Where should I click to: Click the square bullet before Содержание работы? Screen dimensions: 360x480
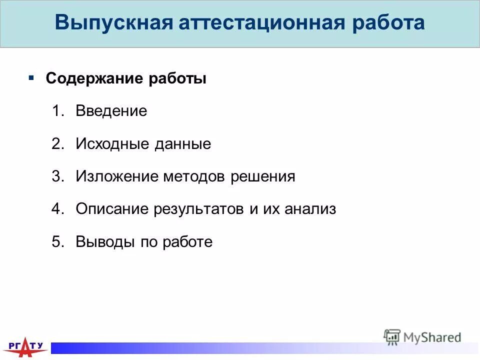pos(31,78)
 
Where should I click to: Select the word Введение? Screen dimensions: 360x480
pos(111,111)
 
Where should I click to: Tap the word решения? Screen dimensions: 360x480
pos(263,176)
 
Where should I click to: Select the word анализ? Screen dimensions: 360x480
pos(310,209)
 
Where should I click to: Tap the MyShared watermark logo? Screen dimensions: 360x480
pos(422,337)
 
